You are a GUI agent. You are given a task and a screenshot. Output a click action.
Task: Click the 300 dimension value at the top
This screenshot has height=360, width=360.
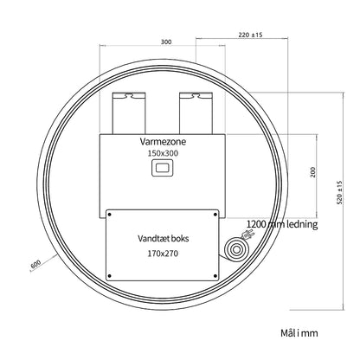(x=166, y=42)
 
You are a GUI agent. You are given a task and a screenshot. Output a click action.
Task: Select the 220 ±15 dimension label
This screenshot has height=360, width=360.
(x=250, y=35)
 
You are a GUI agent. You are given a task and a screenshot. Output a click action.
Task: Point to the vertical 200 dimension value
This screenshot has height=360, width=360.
(x=313, y=172)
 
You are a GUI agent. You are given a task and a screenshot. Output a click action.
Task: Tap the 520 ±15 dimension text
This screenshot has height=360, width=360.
(x=339, y=193)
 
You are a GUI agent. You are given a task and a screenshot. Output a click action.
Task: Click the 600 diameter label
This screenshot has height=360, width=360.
(x=35, y=265)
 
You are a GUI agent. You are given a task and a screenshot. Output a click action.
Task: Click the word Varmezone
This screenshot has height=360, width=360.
(x=163, y=142)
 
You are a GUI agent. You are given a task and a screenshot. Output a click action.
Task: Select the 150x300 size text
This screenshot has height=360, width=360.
(x=163, y=153)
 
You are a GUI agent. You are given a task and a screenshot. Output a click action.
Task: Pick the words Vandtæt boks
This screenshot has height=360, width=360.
(x=163, y=239)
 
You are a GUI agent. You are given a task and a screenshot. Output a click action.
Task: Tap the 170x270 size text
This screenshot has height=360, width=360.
(x=163, y=254)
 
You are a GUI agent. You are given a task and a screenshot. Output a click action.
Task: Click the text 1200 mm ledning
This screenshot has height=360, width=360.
(x=282, y=224)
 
